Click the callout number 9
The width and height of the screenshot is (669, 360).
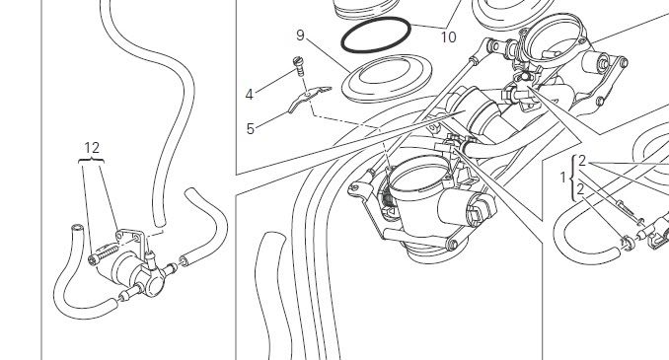[x=300, y=36]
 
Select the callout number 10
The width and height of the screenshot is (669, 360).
[x=448, y=37]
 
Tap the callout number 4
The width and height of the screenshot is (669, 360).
[x=250, y=95]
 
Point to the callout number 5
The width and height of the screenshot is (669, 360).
[x=251, y=128]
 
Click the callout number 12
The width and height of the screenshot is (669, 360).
[x=92, y=148]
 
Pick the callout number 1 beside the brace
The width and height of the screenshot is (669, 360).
[x=562, y=177]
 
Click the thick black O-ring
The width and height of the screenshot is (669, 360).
[x=376, y=35]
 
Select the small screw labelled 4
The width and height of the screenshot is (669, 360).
[x=300, y=66]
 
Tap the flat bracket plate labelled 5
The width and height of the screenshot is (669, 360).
[x=308, y=97]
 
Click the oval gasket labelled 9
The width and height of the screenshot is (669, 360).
[x=387, y=79]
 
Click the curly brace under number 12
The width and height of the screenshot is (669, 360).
[x=92, y=160]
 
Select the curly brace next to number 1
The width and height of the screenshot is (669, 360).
[x=573, y=178]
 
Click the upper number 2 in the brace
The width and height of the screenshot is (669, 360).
[x=582, y=162]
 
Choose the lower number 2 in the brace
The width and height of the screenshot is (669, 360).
[x=580, y=189]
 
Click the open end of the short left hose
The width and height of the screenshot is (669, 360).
[x=76, y=228]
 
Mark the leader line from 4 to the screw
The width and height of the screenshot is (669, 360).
[x=275, y=81]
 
